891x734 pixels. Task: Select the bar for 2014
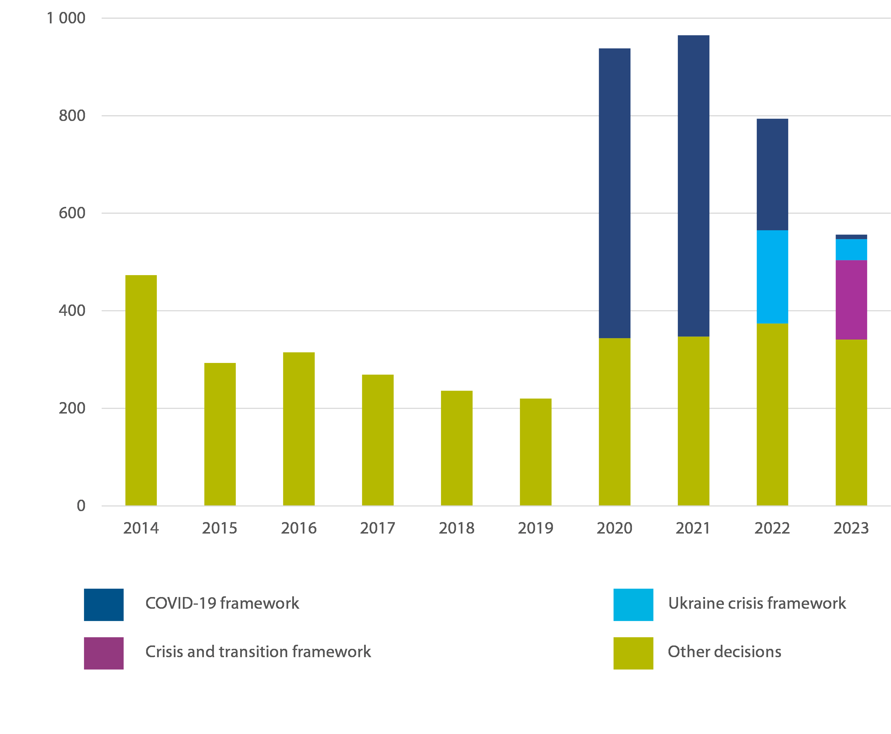(141, 390)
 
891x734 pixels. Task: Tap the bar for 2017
(377, 440)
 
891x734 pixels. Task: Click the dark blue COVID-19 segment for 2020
(614, 193)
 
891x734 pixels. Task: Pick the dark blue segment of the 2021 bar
(693, 186)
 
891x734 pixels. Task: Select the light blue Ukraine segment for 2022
(772, 277)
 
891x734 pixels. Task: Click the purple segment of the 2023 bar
(851, 300)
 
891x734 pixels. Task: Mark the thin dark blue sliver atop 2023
(851, 237)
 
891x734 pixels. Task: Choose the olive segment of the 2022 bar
(772, 414)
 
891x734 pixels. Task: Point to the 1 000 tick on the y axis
(66, 18)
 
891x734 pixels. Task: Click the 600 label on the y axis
(72, 213)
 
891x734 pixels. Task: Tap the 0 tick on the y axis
(81, 506)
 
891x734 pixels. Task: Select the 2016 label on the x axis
(299, 528)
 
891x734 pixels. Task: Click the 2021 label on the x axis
(693, 528)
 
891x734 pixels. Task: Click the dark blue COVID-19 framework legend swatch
(104, 605)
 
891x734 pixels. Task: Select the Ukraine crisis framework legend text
(757, 603)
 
